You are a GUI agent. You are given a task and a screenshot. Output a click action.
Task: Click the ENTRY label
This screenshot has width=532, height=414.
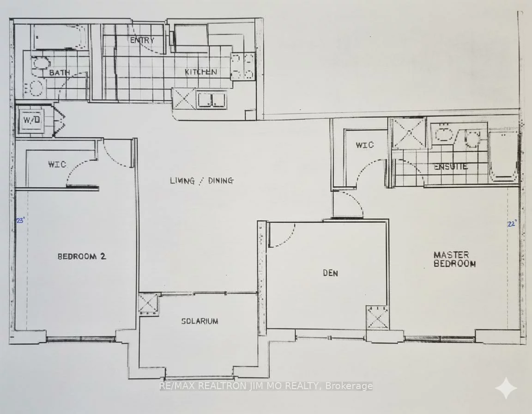142,40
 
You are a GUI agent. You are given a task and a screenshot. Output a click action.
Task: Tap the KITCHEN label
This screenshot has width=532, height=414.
200,72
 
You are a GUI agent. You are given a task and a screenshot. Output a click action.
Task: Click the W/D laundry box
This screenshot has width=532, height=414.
32,120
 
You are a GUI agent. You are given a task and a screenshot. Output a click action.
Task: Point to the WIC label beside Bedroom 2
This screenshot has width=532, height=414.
57,164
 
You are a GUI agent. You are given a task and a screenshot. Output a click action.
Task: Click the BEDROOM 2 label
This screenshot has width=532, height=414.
82,256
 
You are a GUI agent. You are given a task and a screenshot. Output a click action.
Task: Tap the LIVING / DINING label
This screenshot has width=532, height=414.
201,181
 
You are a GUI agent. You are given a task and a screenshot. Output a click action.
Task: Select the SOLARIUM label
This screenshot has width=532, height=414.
199,321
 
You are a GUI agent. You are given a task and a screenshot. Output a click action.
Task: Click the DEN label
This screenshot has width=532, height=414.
330,273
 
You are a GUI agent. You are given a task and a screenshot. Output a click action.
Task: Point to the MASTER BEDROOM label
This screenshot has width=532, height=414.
454,259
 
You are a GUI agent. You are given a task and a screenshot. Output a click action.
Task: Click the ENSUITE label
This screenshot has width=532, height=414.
450,166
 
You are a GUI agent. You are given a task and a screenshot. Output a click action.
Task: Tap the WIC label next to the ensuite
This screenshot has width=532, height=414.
364,145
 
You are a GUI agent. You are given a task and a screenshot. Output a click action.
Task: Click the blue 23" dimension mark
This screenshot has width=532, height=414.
20,220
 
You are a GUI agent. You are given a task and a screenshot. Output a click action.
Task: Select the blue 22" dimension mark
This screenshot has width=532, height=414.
511,224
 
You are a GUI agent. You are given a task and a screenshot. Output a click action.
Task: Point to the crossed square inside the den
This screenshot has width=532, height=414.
378,317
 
